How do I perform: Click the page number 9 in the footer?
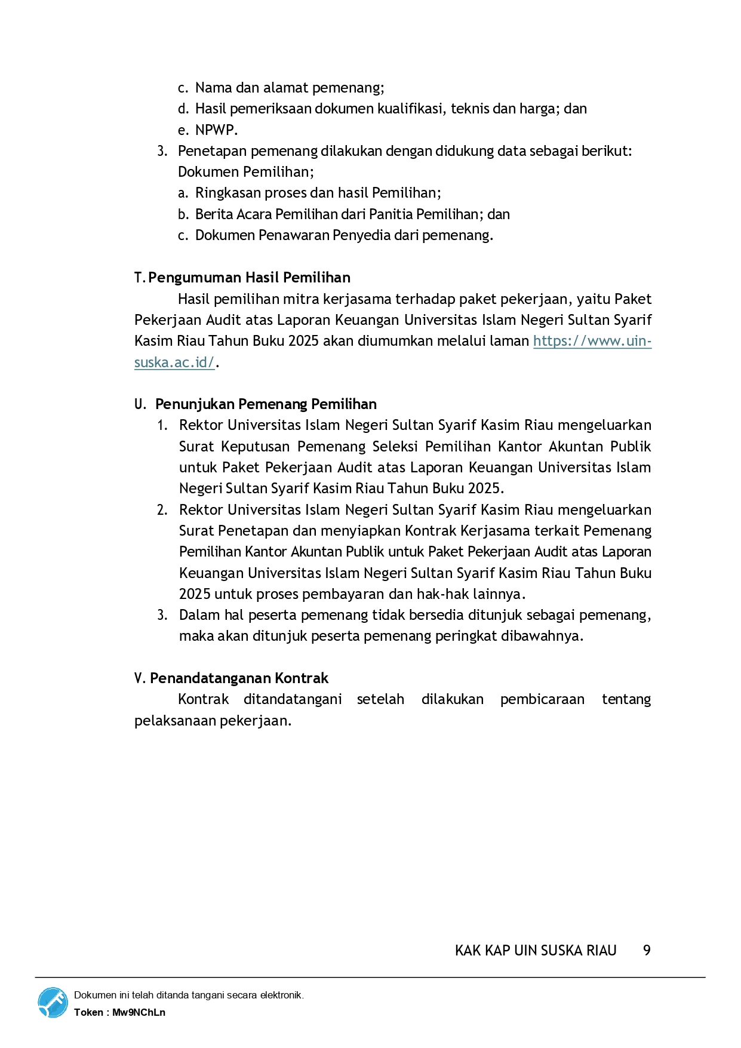tap(646, 950)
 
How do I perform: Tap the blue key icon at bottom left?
tap(53, 1003)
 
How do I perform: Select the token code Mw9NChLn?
tap(139, 1012)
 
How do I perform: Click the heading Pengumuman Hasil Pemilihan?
tap(249, 278)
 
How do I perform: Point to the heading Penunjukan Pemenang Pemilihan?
tap(266, 404)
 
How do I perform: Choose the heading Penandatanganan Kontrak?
tap(239, 678)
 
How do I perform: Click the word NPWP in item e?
tap(216, 130)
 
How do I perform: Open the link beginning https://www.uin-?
tap(592, 341)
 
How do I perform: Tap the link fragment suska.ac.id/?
tap(174, 362)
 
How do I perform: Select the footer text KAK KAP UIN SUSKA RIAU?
tap(535, 950)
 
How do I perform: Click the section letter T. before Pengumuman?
tap(140, 278)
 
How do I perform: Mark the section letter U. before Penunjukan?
tap(140, 404)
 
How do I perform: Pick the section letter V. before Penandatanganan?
tap(140, 678)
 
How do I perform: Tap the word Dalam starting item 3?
tap(199, 615)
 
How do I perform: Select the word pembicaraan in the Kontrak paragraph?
tap(542, 699)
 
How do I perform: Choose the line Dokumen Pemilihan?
tap(245, 172)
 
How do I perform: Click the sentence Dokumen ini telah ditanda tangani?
tap(189, 995)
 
